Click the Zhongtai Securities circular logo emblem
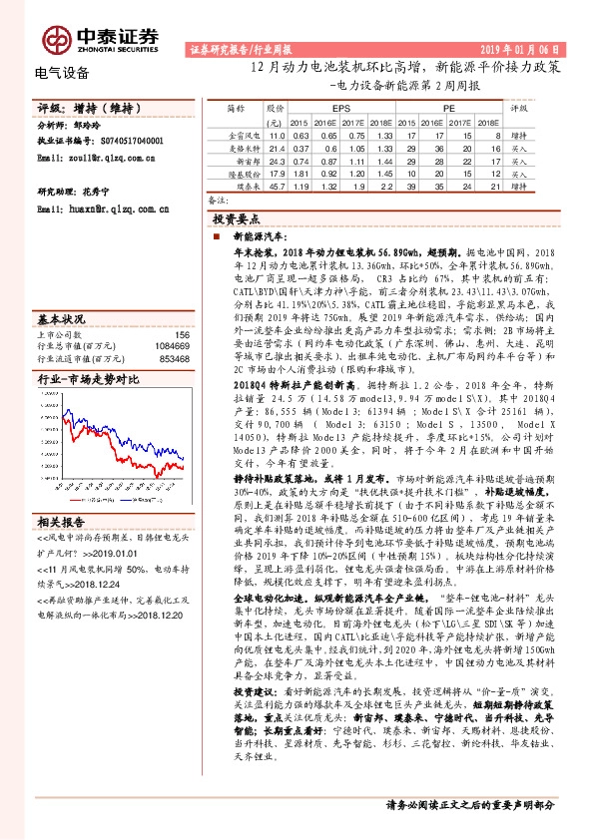(56, 38)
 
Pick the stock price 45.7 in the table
(278, 186)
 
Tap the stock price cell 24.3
(278, 160)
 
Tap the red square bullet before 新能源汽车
(218, 239)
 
